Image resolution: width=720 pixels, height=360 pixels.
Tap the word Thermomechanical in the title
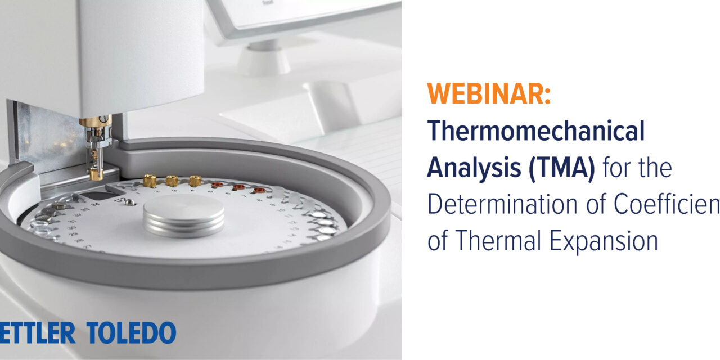coord(535,131)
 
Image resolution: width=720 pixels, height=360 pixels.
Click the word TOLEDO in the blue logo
coord(131,333)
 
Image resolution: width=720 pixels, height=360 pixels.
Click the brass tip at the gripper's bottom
coord(96,174)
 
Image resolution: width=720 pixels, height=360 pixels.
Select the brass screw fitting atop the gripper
coord(94,121)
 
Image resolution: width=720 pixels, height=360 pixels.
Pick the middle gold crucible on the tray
coord(172,180)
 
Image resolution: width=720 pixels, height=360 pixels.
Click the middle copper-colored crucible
coord(238,186)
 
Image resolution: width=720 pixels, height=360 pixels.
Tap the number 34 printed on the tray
coord(95,204)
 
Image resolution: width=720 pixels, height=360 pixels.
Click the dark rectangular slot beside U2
coord(100,195)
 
